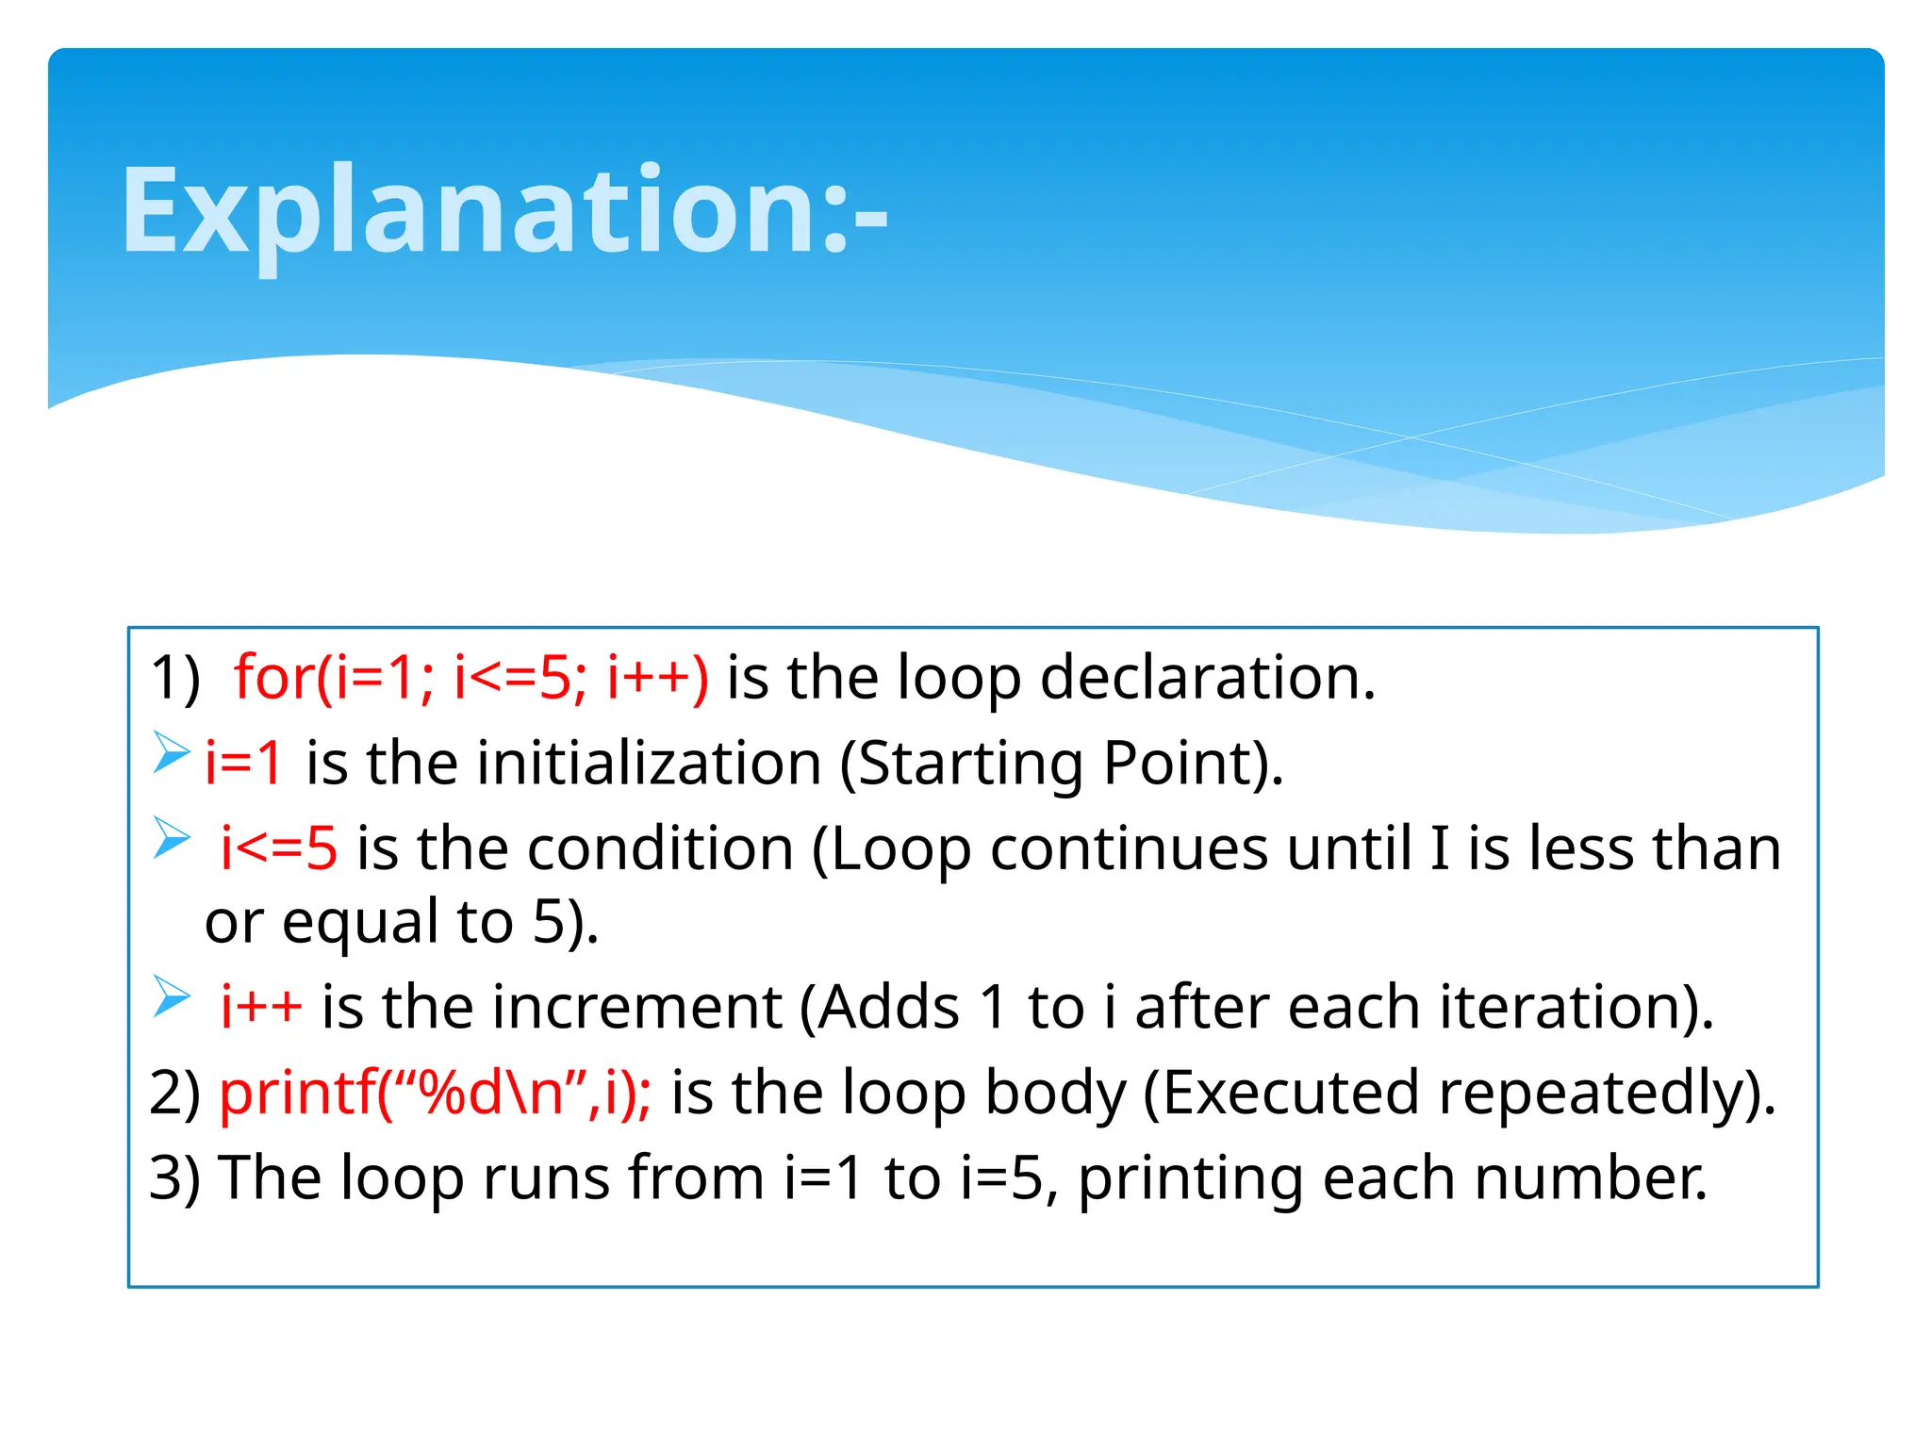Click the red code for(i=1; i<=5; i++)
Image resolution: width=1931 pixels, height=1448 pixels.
coord(471,677)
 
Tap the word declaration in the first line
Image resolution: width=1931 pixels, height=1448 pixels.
coord(1207,677)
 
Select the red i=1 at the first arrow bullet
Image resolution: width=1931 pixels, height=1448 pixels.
coord(243,762)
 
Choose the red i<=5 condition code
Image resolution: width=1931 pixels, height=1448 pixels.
coord(278,847)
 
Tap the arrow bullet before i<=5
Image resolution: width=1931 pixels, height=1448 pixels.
coord(172,838)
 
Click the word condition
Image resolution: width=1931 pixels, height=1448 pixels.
coord(660,847)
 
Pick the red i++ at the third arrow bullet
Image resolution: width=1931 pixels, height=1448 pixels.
coord(261,1006)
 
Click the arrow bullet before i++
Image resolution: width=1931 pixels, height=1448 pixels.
coord(172,996)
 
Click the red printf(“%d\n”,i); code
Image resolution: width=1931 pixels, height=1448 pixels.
coord(435,1092)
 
